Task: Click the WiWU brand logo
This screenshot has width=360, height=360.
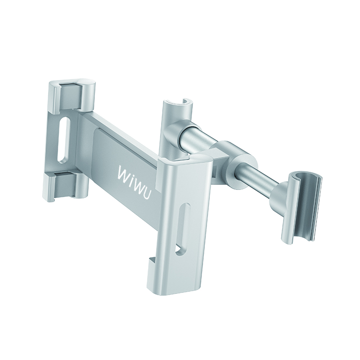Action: [134, 183]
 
